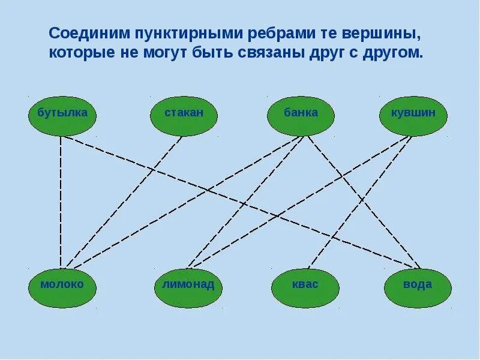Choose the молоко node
click(62, 285)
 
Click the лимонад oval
click(188, 285)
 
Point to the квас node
click(305, 285)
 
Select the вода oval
click(418, 285)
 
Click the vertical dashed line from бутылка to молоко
click(61, 204)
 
